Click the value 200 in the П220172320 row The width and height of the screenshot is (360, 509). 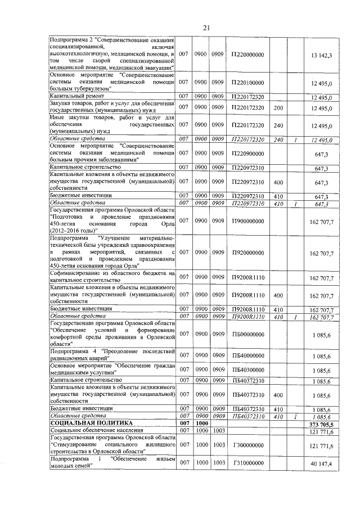(277, 107)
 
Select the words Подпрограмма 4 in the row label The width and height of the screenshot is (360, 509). (72, 352)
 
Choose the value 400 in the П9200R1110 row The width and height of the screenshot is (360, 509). (277, 295)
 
